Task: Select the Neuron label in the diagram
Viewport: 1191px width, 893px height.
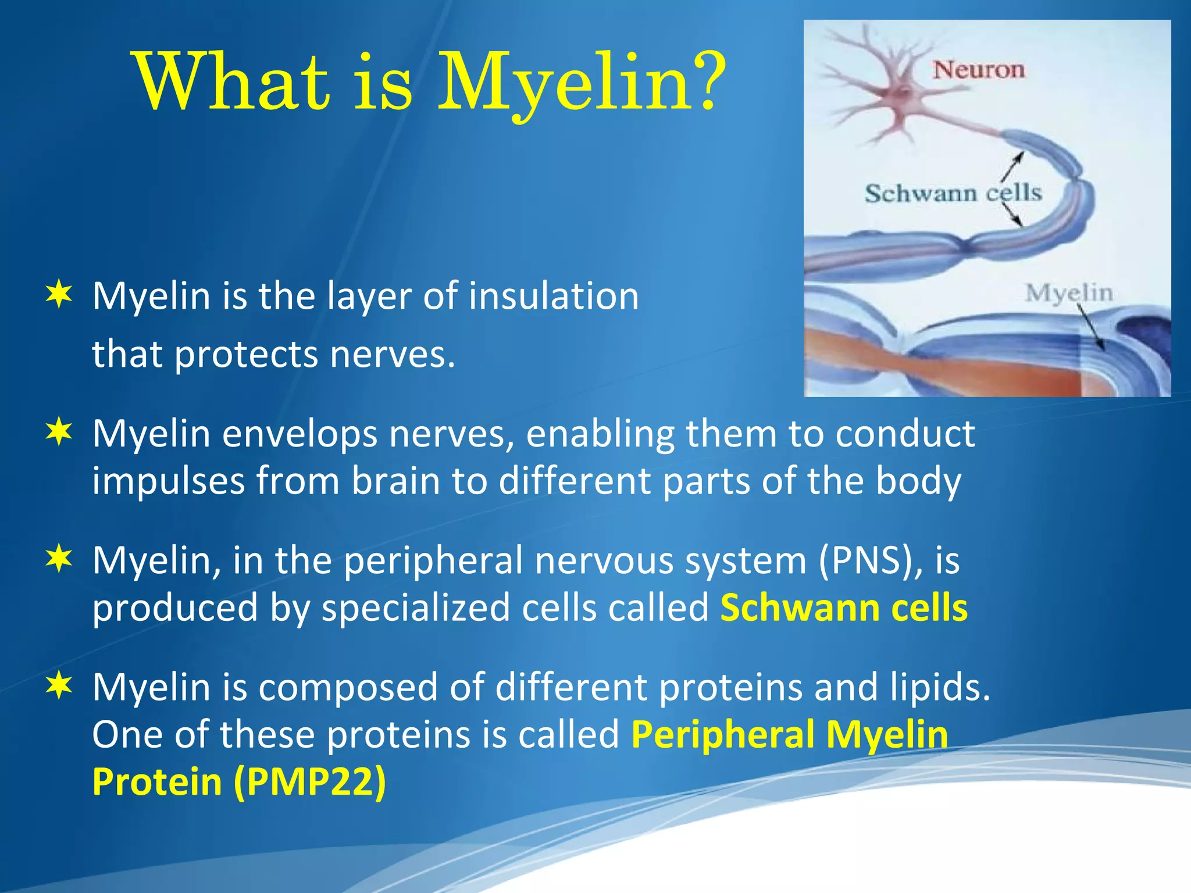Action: coord(979,70)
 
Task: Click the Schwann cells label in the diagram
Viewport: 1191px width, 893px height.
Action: coord(953,193)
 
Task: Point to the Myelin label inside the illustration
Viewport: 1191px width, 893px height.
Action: coord(1069,292)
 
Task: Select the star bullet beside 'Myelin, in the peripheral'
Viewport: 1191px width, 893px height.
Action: coord(59,559)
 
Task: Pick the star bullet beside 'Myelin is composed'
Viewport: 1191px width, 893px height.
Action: coord(59,685)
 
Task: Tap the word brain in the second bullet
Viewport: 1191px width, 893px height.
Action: coord(395,481)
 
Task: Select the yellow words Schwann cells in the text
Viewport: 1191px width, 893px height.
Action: coord(844,608)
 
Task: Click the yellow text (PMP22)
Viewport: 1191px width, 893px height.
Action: coord(309,781)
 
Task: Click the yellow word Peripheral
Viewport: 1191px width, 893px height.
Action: coord(723,734)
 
